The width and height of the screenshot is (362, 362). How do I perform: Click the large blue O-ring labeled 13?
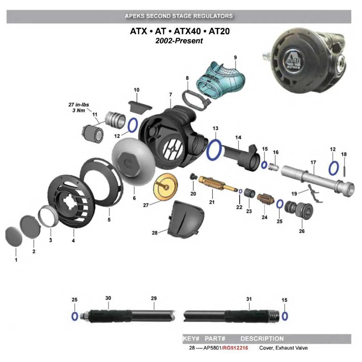point(215,150)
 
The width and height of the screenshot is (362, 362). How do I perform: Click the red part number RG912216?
point(236,348)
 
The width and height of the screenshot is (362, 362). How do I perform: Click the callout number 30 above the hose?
point(108,298)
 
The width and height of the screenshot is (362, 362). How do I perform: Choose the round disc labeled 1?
point(14,237)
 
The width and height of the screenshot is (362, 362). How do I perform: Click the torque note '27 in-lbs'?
point(79,105)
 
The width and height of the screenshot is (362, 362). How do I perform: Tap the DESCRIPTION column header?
point(262,339)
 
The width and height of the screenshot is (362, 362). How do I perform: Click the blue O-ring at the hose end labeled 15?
point(285,316)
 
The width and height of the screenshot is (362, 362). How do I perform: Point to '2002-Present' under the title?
point(179,41)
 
